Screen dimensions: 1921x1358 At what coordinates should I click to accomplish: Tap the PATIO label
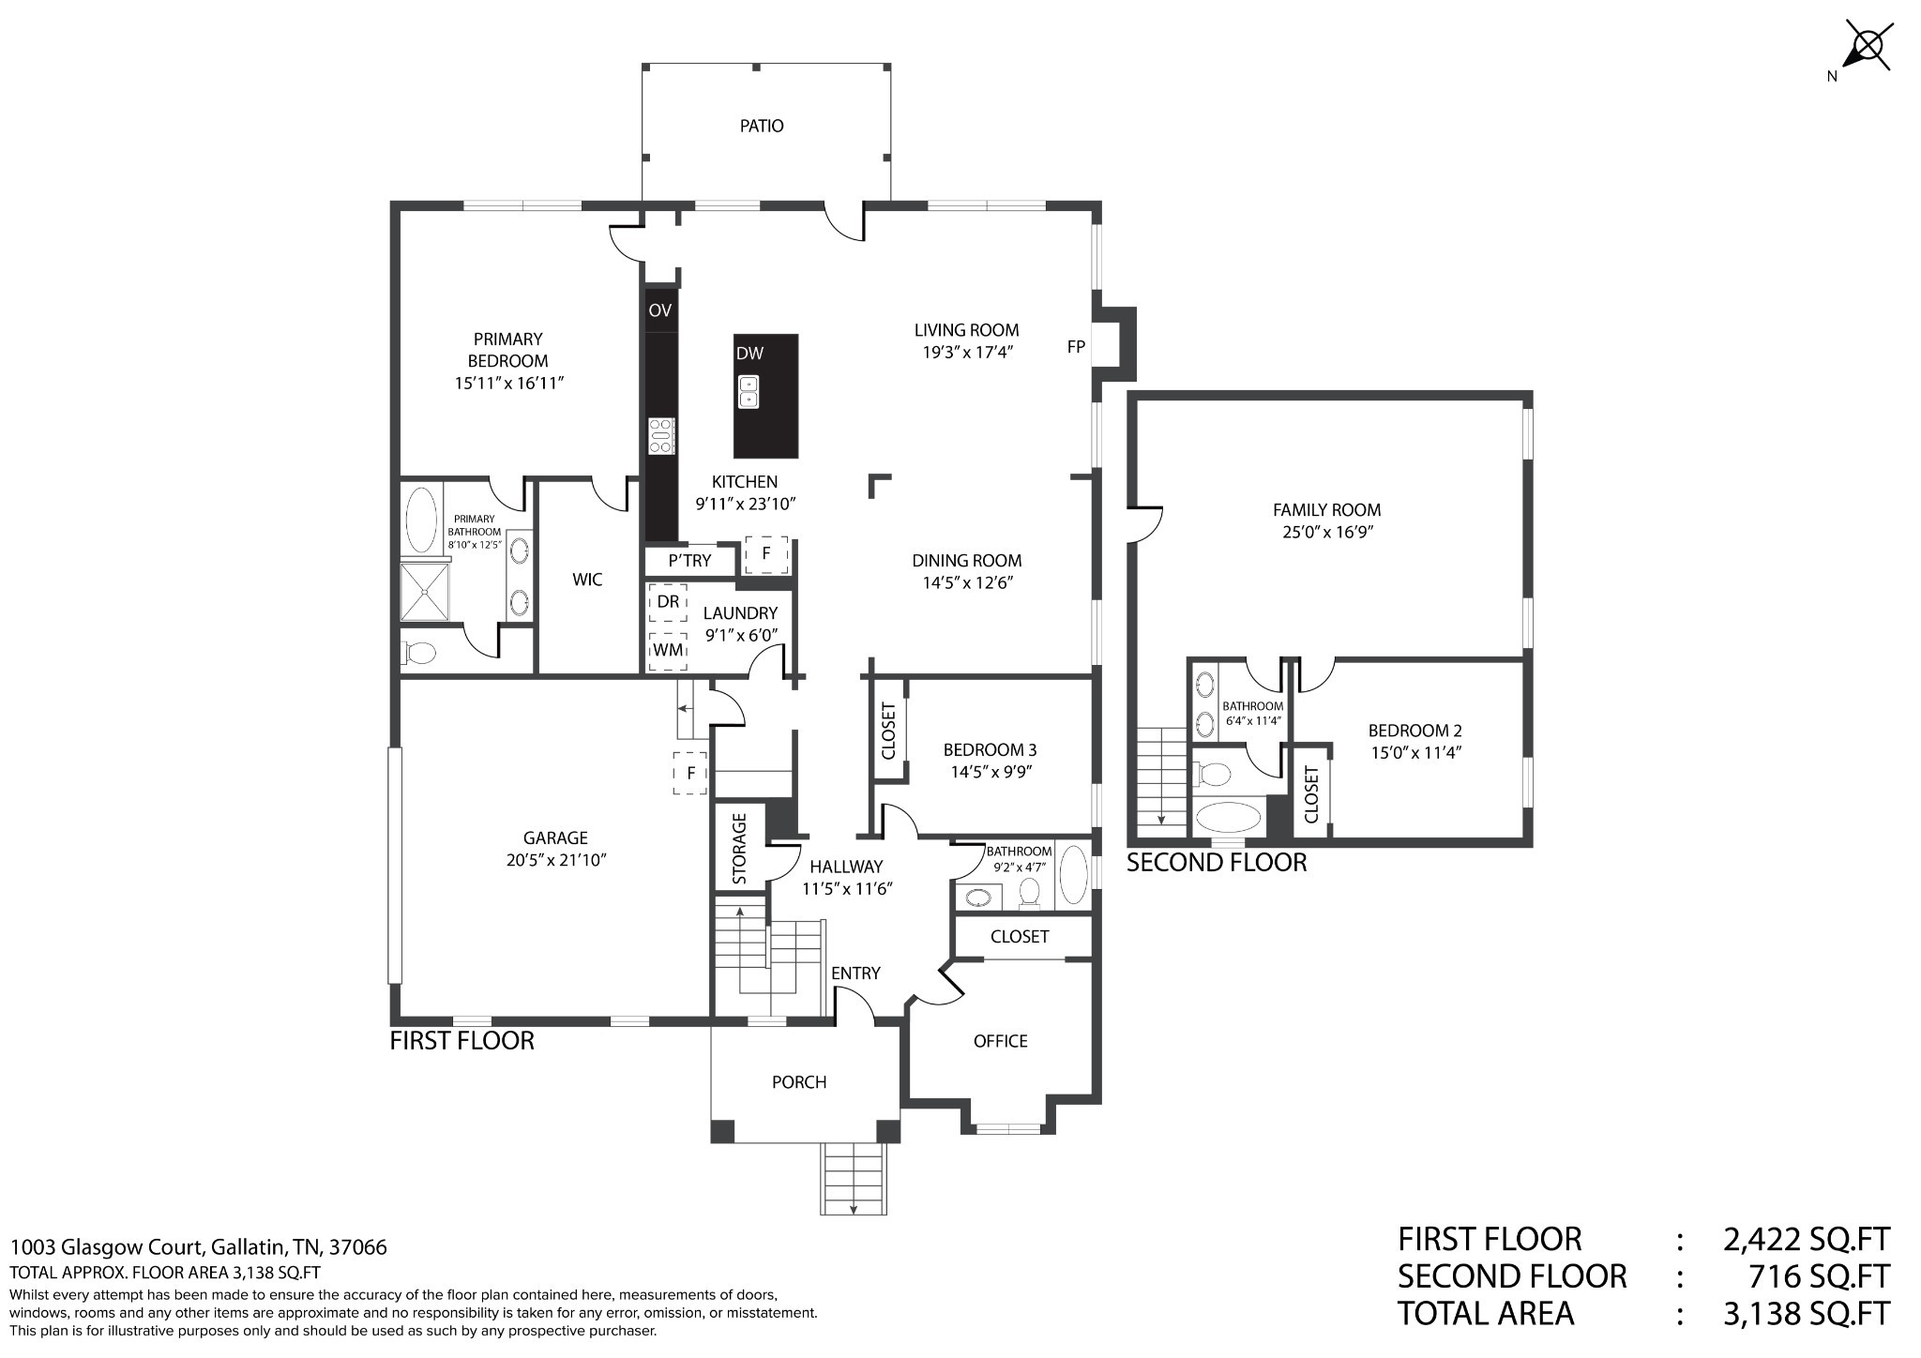762,126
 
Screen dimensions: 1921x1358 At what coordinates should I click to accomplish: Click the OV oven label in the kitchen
660,310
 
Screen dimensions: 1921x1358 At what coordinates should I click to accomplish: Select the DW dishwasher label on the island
749,354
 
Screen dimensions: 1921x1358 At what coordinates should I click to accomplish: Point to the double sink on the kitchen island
749,392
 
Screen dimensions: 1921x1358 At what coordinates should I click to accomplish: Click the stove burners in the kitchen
661,436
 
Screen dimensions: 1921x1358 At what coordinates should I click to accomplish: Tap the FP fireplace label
1076,347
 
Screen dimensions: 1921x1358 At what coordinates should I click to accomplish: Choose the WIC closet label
587,580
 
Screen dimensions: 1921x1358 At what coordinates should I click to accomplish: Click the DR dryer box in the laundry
668,602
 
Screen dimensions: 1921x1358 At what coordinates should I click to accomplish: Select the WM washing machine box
668,650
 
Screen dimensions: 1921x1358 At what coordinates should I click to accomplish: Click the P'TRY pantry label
689,561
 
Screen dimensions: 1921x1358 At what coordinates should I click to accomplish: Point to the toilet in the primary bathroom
418,652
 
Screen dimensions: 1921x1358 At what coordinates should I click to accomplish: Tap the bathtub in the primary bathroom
420,519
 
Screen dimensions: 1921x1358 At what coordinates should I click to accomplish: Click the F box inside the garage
690,774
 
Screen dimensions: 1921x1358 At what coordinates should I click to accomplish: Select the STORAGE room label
739,849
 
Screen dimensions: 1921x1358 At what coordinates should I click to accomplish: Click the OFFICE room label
1001,1041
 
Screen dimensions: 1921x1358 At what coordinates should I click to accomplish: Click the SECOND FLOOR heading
1217,863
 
